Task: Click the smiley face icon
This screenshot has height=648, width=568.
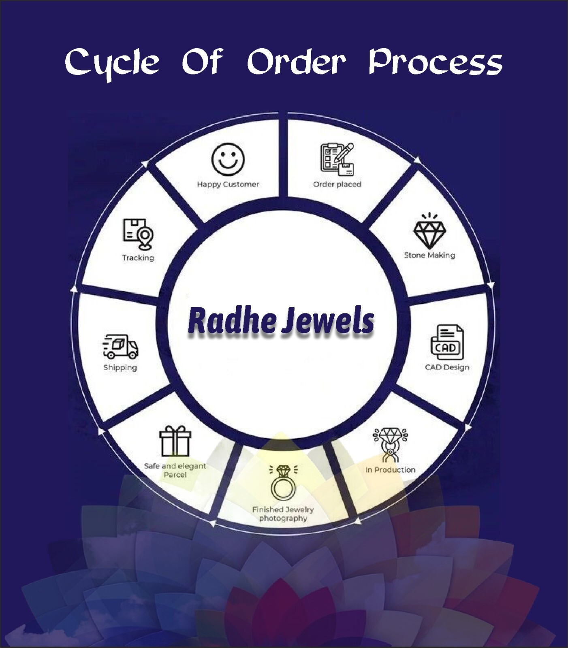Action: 228,159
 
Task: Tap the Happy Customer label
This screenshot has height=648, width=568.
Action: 228,184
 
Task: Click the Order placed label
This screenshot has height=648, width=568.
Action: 337,184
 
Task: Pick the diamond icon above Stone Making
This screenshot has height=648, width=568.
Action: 429,232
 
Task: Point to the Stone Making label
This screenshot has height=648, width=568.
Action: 429,255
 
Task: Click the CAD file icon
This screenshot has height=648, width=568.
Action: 446,343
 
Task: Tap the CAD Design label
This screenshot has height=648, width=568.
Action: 447,367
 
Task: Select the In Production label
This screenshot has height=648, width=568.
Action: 390,470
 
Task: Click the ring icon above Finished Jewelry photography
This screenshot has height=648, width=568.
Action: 283,483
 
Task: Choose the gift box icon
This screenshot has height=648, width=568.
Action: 175,441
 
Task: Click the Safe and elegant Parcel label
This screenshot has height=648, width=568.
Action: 175,470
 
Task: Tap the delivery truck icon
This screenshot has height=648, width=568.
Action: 120,347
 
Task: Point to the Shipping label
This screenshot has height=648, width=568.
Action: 120,368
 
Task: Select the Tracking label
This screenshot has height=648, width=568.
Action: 138,258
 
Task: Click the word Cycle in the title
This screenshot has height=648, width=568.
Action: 112,63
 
